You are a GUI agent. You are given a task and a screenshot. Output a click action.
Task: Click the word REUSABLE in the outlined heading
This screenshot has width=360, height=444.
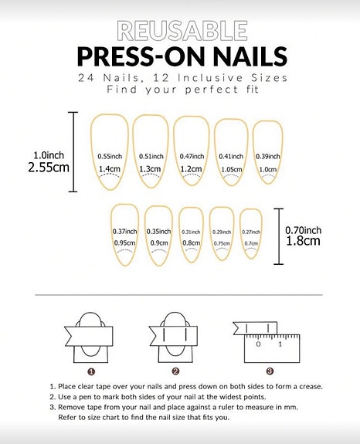[x=182, y=31]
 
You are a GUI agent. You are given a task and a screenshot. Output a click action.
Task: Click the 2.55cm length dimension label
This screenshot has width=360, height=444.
[x=49, y=168]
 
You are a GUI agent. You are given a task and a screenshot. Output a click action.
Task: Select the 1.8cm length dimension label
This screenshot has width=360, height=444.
[x=303, y=241]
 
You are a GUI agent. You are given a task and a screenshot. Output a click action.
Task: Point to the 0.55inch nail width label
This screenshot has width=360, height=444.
[x=110, y=156]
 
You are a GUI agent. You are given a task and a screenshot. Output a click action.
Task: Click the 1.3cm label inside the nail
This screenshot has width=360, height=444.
[x=150, y=169]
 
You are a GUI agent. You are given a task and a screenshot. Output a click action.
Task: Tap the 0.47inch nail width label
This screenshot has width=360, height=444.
[x=192, y=156]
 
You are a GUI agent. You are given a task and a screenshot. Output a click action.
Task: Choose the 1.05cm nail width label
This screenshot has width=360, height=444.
[x=232, y=169]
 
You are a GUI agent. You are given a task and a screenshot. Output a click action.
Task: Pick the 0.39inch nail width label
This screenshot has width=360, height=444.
[x=268, y=156]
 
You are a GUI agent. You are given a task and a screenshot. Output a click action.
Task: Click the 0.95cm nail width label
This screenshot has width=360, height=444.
[x=124, y=243]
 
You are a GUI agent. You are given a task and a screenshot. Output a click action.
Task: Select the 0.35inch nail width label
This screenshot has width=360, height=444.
[x=158, y=232]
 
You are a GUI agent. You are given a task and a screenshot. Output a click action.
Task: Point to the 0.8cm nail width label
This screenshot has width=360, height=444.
[x=191, y=243]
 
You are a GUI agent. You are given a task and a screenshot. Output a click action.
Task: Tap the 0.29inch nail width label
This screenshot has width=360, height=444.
[x=222, y=232]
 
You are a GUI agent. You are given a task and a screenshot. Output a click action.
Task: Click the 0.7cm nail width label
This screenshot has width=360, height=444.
[x=251, y=243]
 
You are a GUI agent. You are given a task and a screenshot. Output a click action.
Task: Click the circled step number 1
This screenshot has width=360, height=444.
[x=91, y=371]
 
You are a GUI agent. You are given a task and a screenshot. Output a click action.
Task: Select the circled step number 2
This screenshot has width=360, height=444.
[x=175, y=371]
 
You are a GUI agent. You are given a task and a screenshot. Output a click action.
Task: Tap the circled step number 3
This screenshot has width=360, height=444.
[x=270, y=371]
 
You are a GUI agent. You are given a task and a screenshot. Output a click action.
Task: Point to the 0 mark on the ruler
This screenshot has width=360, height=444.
[x=258, y=344]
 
